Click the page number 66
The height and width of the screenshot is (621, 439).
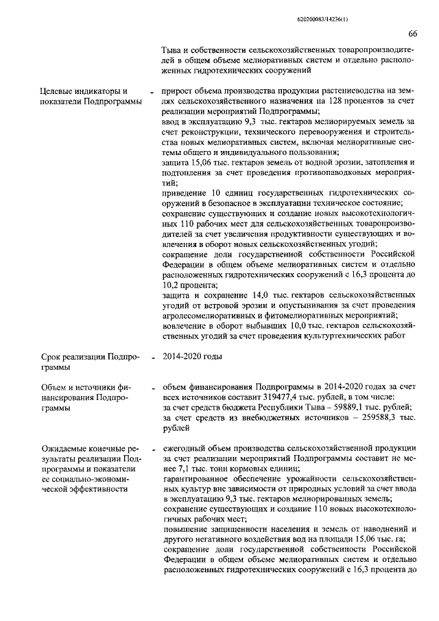[x=413, y=34]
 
